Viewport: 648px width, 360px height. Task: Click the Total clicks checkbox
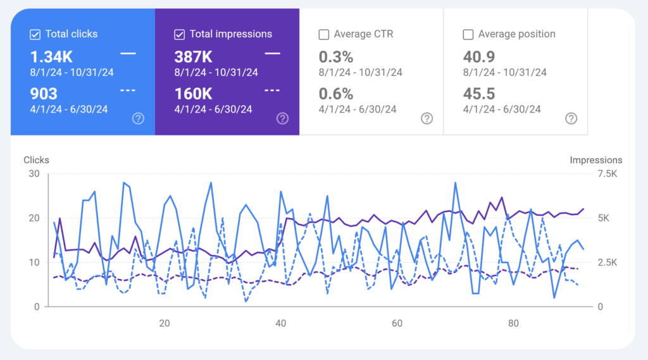point(35,34)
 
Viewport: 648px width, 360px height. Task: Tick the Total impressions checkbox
point(180,34)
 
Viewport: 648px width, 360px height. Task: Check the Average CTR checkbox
point(324,34)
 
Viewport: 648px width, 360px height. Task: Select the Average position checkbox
point(468,34)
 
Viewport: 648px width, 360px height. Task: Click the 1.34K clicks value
point(52,57)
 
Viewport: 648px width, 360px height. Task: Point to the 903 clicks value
point(44,94)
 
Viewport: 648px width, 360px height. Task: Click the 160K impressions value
point(193,94)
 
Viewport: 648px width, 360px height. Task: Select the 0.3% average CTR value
point(336,57)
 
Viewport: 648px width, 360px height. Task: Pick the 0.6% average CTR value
point(336,94)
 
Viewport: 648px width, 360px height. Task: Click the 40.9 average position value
point(479,57)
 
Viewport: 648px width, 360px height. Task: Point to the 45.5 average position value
point(479,94)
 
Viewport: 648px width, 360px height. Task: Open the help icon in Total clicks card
point(138,118)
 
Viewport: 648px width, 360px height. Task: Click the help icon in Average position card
point(571,118)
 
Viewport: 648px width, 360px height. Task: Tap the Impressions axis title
point(595,160)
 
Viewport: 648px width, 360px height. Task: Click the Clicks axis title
point(36,160)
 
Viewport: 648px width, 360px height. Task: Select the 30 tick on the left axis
point(34,175)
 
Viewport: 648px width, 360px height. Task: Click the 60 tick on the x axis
point(397,323)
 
